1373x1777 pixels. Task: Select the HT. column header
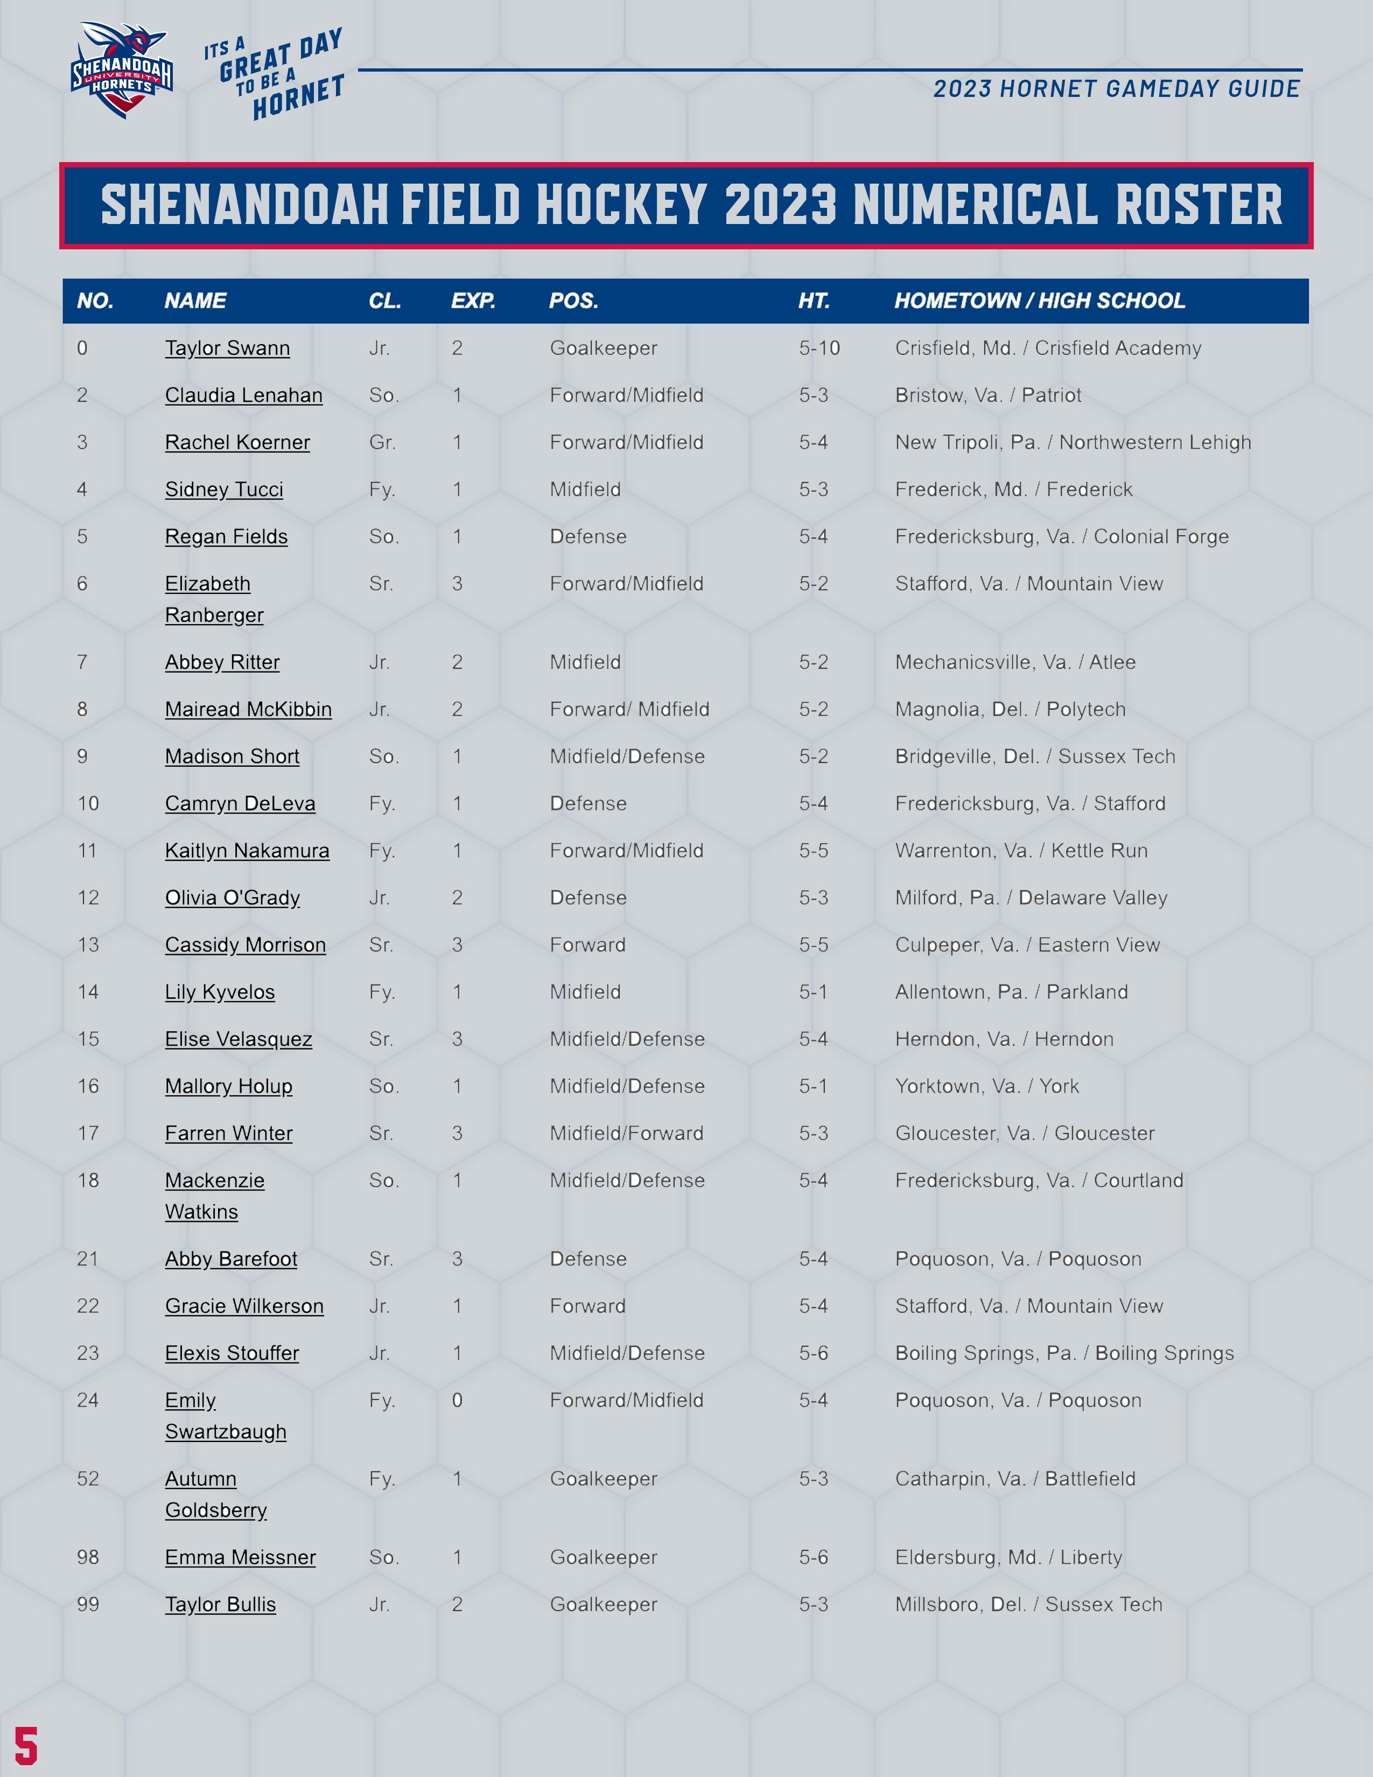(814, 301)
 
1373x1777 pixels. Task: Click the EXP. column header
(473, 301)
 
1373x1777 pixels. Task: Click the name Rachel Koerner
(237, 443)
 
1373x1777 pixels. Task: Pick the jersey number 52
(88, 1478)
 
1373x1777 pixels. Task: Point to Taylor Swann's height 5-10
(819, 348)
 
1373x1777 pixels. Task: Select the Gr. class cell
(382, 443)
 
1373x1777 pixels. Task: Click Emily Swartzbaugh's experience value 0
(457, 1400)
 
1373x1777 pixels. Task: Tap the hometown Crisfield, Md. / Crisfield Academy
(1048, 348)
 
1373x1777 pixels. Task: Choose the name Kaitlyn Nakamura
(247, 851)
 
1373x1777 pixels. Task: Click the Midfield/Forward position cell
(626, 1134)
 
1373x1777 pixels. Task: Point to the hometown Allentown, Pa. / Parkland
(1011, 992)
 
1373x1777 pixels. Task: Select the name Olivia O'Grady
(233, 898)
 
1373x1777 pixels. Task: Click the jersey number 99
(88, 1605)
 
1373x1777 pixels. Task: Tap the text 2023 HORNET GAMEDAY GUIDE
(1116, 89)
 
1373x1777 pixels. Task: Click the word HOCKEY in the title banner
(621, 205)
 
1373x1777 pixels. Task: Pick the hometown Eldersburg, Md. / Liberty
(1008, 1557)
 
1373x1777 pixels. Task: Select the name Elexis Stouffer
(232, 1353)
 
